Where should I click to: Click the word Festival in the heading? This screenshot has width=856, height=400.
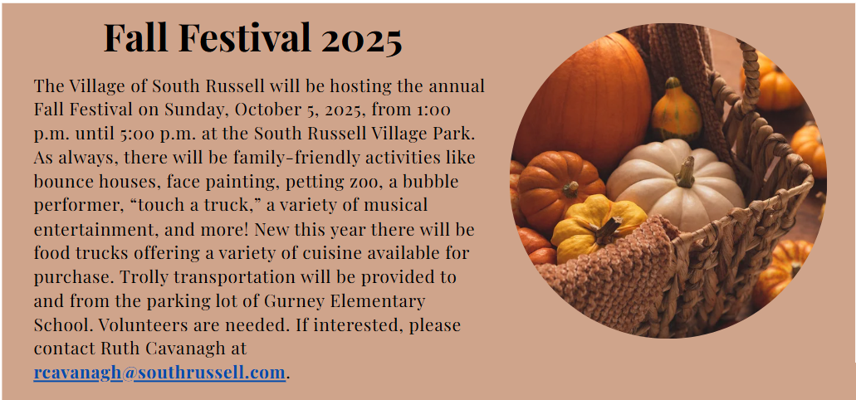tap(246, 37)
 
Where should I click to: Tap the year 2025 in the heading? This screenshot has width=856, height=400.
tap(362, 38)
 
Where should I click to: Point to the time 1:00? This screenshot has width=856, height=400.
tap(433, 110)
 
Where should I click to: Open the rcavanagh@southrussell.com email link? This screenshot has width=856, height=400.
tap(159, 373)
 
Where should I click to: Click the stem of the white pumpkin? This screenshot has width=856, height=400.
tap(685, 172)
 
